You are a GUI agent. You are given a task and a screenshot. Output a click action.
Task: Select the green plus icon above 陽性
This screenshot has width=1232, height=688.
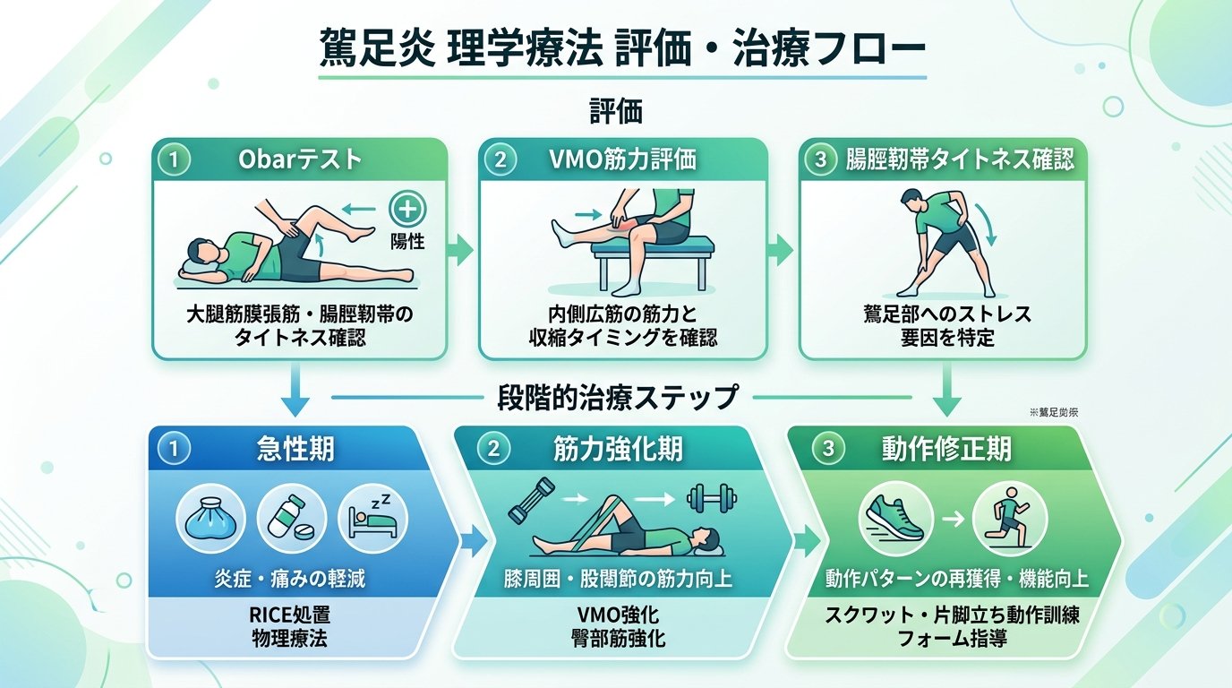(407, 211)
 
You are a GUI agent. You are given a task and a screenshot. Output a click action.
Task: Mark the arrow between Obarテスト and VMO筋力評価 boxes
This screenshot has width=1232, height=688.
(461, 249)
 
